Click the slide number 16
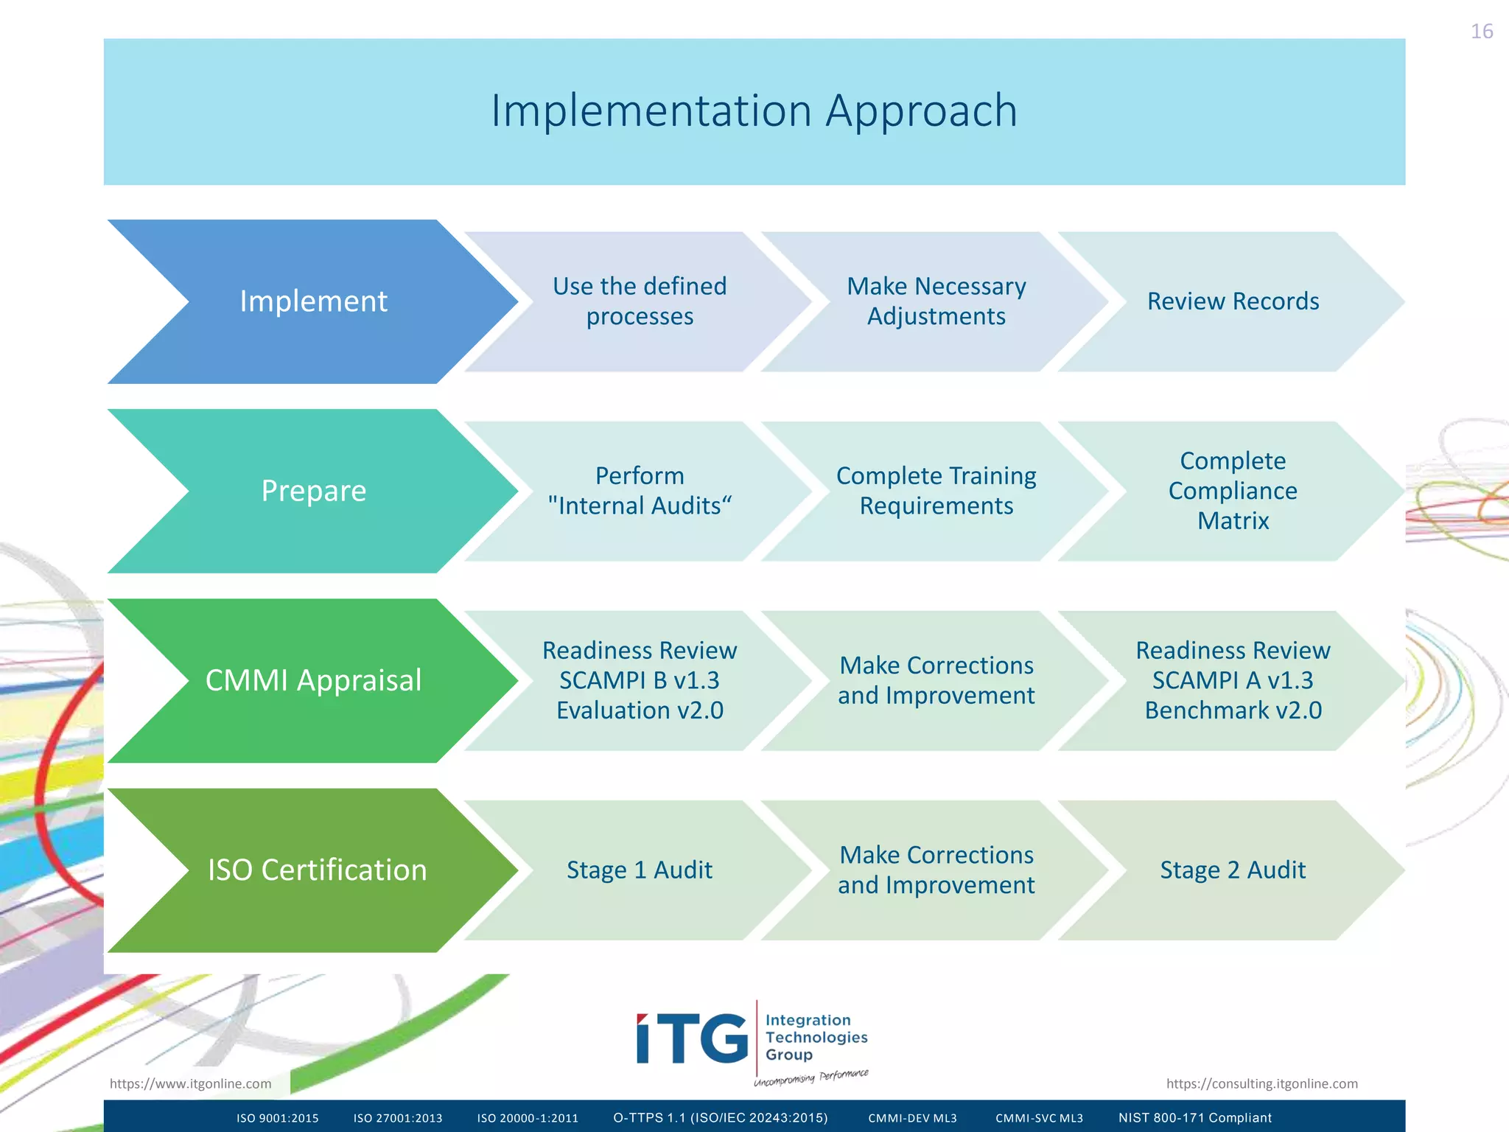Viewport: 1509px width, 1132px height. click(1481, 32)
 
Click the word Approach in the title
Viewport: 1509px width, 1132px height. click(921, 111)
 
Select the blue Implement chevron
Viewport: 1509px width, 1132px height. click(313, 301)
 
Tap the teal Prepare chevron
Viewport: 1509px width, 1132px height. click(313, 491)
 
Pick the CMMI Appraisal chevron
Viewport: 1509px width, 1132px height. click(313, 680)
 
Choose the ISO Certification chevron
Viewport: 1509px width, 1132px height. click(317, 870)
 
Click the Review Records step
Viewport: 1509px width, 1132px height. click(1233, 301)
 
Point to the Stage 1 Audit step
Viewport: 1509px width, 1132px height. click(639, 870)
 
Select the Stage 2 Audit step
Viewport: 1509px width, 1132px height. click(1233, 870)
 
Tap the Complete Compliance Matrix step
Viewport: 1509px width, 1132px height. click(1233, 491)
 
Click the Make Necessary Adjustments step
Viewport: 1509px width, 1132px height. click(936, 301)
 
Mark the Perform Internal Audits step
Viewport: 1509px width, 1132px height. click(639, 491)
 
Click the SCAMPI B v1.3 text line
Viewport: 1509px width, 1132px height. click(639, 680)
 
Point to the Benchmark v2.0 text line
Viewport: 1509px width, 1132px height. click(1233, 710)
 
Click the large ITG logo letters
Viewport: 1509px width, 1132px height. click(692, 1039)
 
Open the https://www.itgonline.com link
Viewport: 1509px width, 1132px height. click(190, 1083)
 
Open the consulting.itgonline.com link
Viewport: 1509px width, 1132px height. click(1261, 1083)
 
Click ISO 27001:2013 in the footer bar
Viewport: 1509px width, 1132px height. click(398, 1118)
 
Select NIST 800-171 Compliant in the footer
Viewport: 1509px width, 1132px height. click(1194, 1118)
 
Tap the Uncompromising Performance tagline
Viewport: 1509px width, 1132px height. click(810, 1078)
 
